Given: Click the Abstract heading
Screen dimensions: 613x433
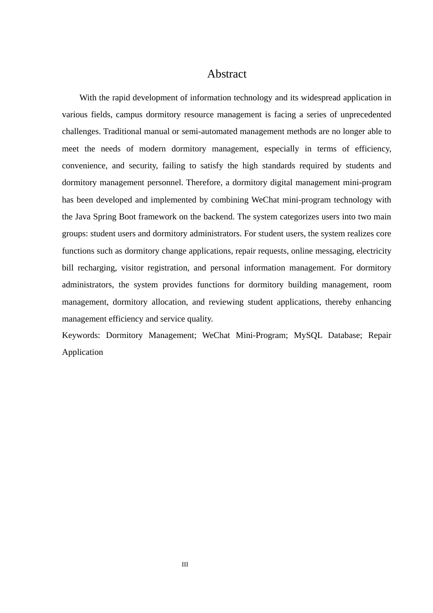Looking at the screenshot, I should tap(227, 74).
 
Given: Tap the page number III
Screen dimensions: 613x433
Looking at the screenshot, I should tap(185, 564).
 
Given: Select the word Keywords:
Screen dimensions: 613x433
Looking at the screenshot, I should tap(81, 335).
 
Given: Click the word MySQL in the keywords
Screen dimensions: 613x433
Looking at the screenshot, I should tap(308, 335).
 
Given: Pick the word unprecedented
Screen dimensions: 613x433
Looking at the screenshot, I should tap(366, 114).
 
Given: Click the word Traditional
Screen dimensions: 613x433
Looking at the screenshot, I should tap(119, 131).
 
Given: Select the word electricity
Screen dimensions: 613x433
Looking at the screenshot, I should tap(374, 251).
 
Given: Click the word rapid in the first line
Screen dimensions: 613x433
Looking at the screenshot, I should tap(120, 98).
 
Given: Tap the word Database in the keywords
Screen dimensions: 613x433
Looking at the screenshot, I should tap(344, 335).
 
